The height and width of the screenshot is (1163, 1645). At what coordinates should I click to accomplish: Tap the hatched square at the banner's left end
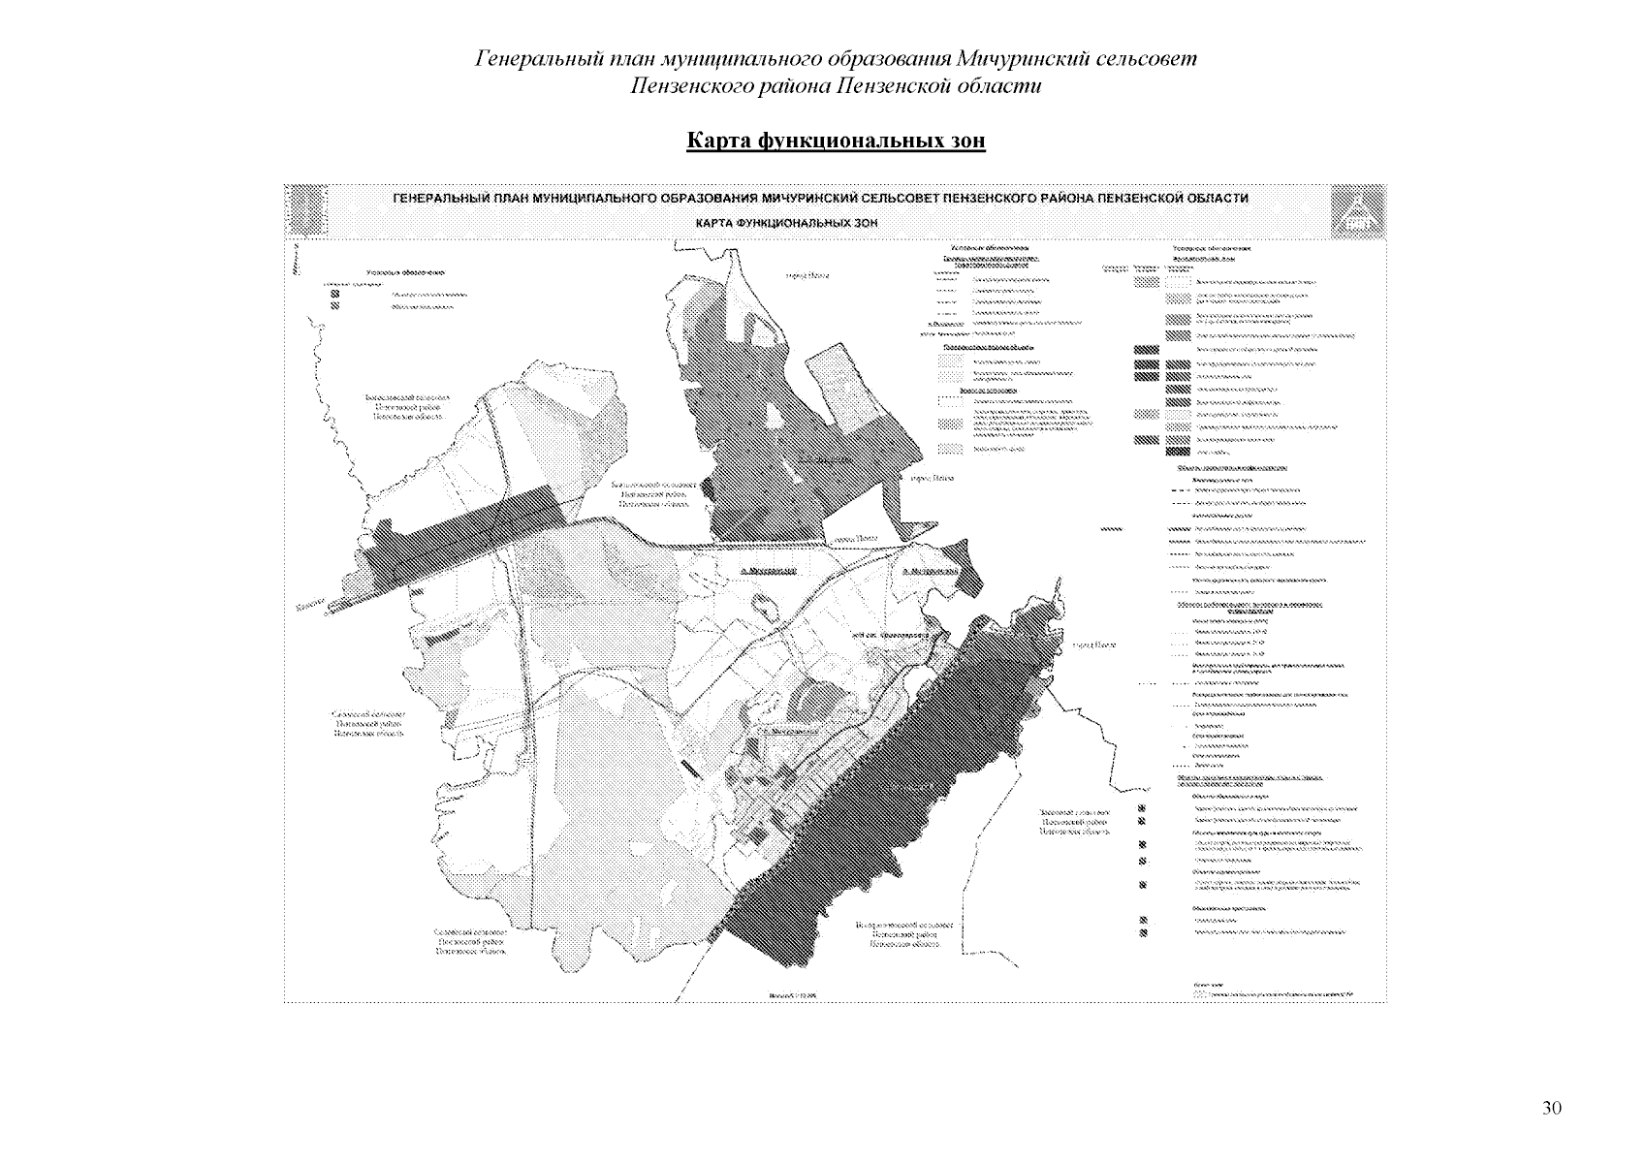click(306, 209)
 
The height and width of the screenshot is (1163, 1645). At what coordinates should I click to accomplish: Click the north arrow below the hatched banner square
click(294, 257)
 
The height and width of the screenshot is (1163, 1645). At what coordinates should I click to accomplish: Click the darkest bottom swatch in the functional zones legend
click(1178, 451)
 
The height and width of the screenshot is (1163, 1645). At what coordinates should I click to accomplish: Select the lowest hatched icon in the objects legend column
click(1145, 932)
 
